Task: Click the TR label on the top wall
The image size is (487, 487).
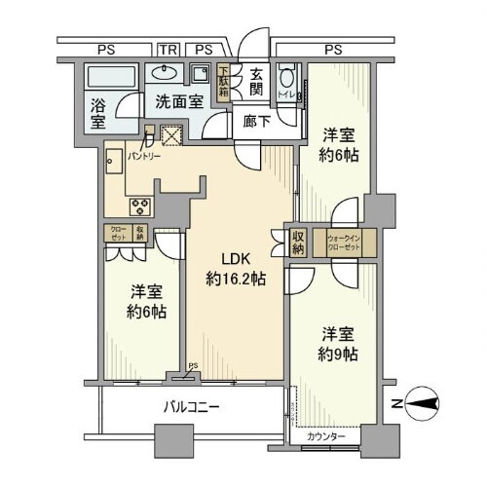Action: point(169,48)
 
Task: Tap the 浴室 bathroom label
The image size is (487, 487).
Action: point(99,114)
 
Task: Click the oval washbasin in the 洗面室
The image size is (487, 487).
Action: point(162,73)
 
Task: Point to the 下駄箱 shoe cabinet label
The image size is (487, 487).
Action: point(223,78)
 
